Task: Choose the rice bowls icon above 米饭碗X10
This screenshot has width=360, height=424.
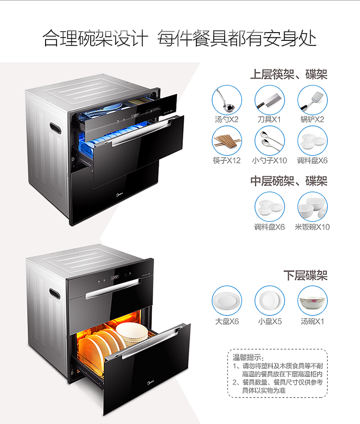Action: click(312, 207)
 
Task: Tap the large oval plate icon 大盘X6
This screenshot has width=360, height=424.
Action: click(227, 301)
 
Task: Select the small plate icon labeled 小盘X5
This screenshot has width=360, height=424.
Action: click(269, 301)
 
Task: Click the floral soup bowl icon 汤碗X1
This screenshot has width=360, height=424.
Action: click(312, 301)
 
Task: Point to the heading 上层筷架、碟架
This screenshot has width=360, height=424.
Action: click(288, 75)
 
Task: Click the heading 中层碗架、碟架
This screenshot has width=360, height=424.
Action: click(288, 181)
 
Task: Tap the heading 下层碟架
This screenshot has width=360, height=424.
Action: click(305, 276)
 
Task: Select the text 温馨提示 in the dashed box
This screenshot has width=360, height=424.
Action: click(248, 357)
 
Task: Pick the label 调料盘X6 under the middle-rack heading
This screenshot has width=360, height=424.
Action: click(269, 227)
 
